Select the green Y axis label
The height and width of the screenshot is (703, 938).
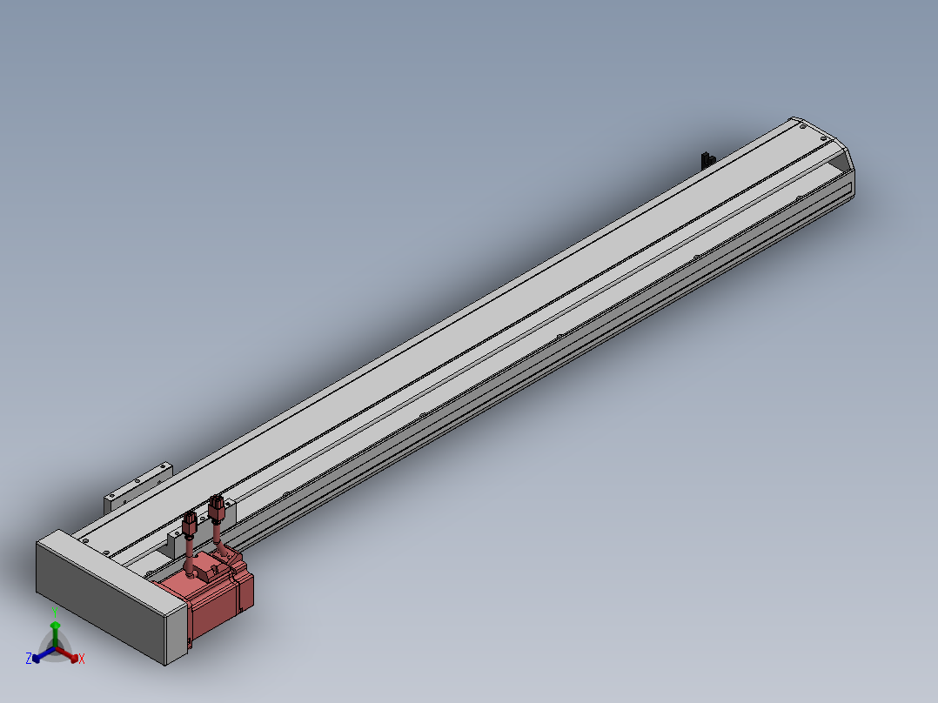point(55,613)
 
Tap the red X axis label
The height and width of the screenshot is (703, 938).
point(82,659)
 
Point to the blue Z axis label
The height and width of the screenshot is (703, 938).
point(28,659)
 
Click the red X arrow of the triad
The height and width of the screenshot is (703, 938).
point(67,654)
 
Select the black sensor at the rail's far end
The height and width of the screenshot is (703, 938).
point(707,160)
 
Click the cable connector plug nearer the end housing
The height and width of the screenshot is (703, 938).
point(191,524)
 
